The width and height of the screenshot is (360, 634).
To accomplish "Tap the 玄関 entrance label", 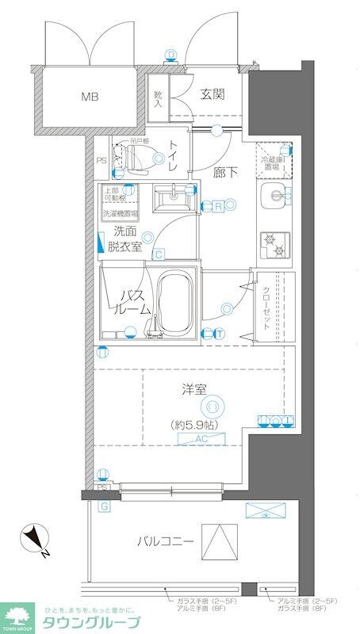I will click(212, 95).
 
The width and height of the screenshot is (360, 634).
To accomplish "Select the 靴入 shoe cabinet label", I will click(157, 98).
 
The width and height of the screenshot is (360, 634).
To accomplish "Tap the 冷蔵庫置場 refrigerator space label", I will click(274, 162).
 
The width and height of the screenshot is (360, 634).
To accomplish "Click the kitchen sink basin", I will click(274, 198).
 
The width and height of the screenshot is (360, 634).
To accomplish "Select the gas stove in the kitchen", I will click(274, 243).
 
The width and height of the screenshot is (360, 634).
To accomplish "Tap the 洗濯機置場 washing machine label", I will click(119, 213).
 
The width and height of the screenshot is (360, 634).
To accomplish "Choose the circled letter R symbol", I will click(218, 206).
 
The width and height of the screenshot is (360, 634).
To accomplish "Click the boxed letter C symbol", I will click(159, 254).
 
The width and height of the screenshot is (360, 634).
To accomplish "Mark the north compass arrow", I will click(33, 540).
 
